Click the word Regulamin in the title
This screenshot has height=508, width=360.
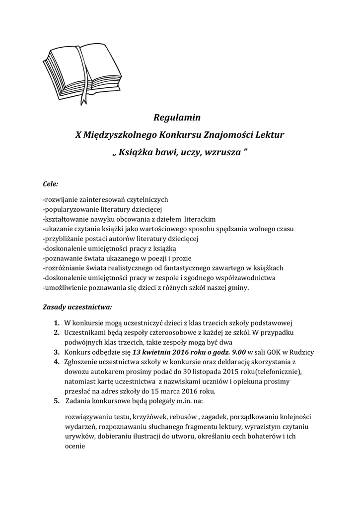pos(177,118)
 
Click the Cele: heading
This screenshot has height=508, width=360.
pos(51,184)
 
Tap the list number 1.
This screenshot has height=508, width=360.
pos(57,321)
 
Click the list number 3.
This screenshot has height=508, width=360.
pos(57,352)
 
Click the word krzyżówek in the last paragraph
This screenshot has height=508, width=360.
pos(149,417)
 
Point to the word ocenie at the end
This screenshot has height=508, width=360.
pos(75,446)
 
